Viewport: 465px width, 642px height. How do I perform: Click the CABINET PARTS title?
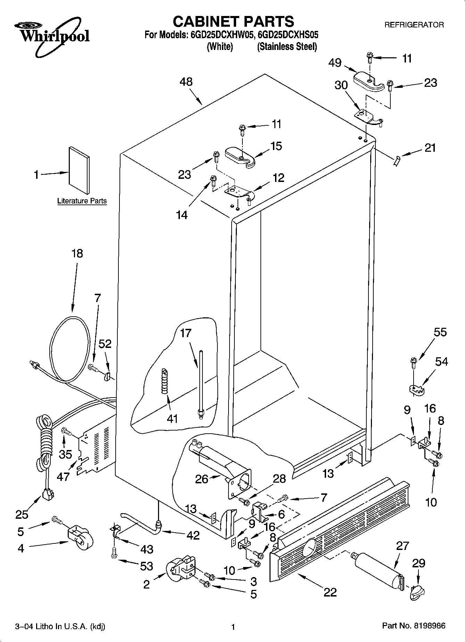(x=233, y=22)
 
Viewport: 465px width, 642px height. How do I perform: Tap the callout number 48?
(x=186, y=82)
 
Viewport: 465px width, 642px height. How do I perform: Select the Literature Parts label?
(x=82, y=201)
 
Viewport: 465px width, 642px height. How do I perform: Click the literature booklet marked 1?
(x=79, y=170)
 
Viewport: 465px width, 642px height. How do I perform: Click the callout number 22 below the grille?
(x=330, y=592)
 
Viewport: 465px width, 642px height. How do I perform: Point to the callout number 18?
(x=77, y=253)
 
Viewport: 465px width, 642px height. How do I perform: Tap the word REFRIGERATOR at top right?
(x=414, y=25)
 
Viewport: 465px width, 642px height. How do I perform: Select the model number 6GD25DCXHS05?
(x=288, y=35)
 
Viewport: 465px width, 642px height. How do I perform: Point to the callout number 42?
(x=193, y=535)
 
